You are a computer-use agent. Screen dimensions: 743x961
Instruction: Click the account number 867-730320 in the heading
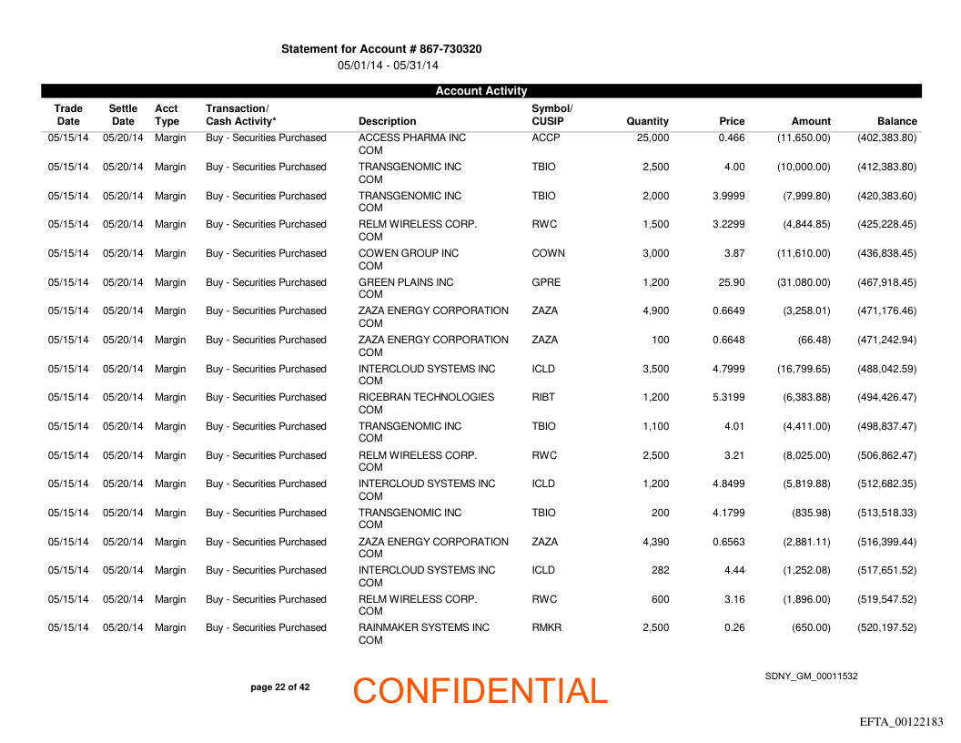tap(451, 48)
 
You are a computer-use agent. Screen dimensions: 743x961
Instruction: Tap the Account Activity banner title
tap(480, 90)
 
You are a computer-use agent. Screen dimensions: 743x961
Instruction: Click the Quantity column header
tap(647, 121)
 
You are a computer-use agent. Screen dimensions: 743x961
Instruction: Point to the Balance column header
tap(896, 121)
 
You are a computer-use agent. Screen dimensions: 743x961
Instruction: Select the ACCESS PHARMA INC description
tap(412, 138)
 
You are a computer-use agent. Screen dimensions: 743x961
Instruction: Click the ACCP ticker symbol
tap(546, 138)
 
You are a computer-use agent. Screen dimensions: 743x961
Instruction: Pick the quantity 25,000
tap(653, 138)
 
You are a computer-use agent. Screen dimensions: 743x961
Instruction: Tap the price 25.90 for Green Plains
tap(731, 282)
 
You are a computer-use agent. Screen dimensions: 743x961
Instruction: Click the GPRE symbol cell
tap(546, 282)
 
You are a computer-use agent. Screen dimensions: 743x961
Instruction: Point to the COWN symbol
tap(548, 253)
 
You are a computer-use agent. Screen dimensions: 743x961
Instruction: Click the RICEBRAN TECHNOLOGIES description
tap(426, 397)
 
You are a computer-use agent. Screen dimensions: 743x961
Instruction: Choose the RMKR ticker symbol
tap(547, 627)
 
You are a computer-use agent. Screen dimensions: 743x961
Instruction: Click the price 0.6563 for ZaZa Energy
tap(728, 542)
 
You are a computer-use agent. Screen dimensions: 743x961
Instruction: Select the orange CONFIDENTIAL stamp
tap(480, 691)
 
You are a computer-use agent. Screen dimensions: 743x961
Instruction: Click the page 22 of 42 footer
tap(279, 687)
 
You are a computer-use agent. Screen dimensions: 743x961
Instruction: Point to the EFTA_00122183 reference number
tap(901, 722)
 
